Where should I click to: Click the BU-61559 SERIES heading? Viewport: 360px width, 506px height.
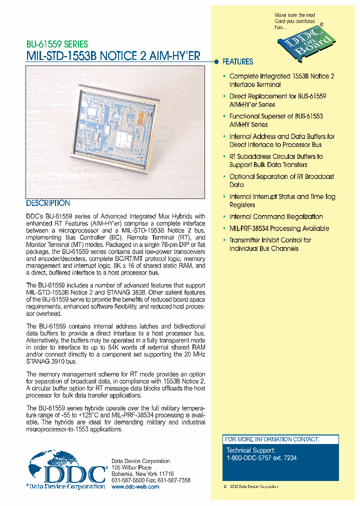[x=57, y=44]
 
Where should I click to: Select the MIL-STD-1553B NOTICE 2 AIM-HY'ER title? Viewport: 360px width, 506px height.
[x=113, y=56]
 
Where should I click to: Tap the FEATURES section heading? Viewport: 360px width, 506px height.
[x=237, y=62]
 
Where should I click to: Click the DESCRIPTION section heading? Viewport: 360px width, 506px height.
[x=48, y=203]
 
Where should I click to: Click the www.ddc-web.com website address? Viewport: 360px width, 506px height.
[x=135, y=486]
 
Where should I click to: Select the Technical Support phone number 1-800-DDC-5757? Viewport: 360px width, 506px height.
[x=261, y=457]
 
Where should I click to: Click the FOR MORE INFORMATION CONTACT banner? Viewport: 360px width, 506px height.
[x=271, y=439]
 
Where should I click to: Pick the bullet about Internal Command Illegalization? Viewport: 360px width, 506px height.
[x=276, y=217]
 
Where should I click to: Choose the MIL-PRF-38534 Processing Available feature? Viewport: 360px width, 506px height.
[x=279, y=228]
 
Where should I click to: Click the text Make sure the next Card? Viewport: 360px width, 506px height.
[x=295, y=18]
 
